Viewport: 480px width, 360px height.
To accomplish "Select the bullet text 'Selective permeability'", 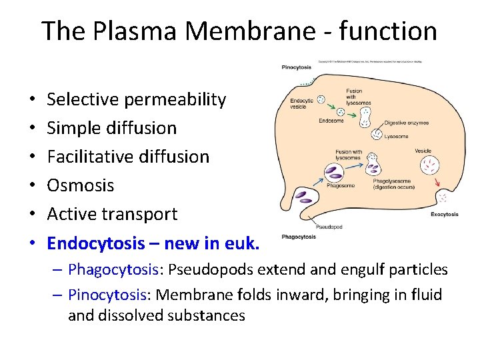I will click(x=137, y=99).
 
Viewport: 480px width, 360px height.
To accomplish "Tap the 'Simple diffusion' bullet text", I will click(x=112, y=128).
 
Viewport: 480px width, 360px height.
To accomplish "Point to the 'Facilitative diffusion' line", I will click(x=128, y=157).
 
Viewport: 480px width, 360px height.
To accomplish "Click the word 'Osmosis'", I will click(x=81, y=185).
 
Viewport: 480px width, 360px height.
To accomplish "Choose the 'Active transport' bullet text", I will click(x=112, y=214).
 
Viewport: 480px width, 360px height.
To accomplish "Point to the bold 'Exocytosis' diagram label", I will click(x=444, y=215).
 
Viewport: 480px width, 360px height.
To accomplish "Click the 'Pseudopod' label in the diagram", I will click(x=330, y=227).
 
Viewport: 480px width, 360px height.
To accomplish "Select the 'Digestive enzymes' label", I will click(x=406, y=123).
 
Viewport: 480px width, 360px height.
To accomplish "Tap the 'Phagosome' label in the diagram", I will click(x=341, y=186).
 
